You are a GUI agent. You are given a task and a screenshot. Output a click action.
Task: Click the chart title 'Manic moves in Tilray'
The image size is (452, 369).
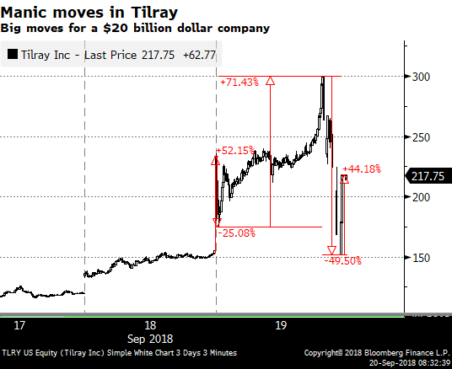[x=89, y=13]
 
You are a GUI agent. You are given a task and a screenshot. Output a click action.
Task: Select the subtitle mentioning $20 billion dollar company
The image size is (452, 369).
[x=135, y=29]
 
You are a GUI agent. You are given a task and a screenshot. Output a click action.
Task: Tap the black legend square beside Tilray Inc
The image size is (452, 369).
[x=13, y=54]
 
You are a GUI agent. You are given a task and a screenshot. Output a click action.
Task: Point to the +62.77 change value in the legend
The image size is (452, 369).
[x=200, y=55]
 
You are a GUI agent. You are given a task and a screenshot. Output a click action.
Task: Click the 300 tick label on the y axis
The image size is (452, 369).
[x=421, y=77]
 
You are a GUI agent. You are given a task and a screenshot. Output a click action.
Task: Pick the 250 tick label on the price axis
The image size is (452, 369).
[x=421, y=137]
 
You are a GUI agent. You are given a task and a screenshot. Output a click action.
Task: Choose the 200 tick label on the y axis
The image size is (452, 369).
[x=421, y=197]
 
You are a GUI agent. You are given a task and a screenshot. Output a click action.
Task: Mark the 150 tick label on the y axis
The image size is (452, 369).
[x=421, y=258]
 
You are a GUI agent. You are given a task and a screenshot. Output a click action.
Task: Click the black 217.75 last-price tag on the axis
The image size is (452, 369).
[x=428, y=176]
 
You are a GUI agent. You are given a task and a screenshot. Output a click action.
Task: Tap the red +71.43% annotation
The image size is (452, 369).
[x=239, y=83]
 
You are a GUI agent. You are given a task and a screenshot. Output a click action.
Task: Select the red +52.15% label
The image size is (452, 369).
[x=235, y=150]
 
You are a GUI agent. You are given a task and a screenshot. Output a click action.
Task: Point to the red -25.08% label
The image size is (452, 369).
[x=237, y=233]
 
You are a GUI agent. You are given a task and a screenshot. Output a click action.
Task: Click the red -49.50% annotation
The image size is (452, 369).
[x=342, y=261]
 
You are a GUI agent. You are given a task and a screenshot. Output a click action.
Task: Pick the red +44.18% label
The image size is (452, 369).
[x=362, y=168]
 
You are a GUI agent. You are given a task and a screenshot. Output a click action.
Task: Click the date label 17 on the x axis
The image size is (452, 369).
[x=19, y=325]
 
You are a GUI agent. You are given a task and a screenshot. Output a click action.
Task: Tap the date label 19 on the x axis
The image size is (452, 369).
[x=281, y=325]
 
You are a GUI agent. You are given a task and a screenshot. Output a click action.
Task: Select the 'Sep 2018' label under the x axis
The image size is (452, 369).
[x=150, y=339]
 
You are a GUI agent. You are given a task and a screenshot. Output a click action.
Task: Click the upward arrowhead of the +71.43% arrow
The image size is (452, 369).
[x=270, y=81]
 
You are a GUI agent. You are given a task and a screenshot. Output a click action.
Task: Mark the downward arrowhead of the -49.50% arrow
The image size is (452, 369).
[x=331, y=250]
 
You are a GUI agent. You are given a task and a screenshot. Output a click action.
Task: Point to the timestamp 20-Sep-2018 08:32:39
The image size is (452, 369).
[x=409, y=362]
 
